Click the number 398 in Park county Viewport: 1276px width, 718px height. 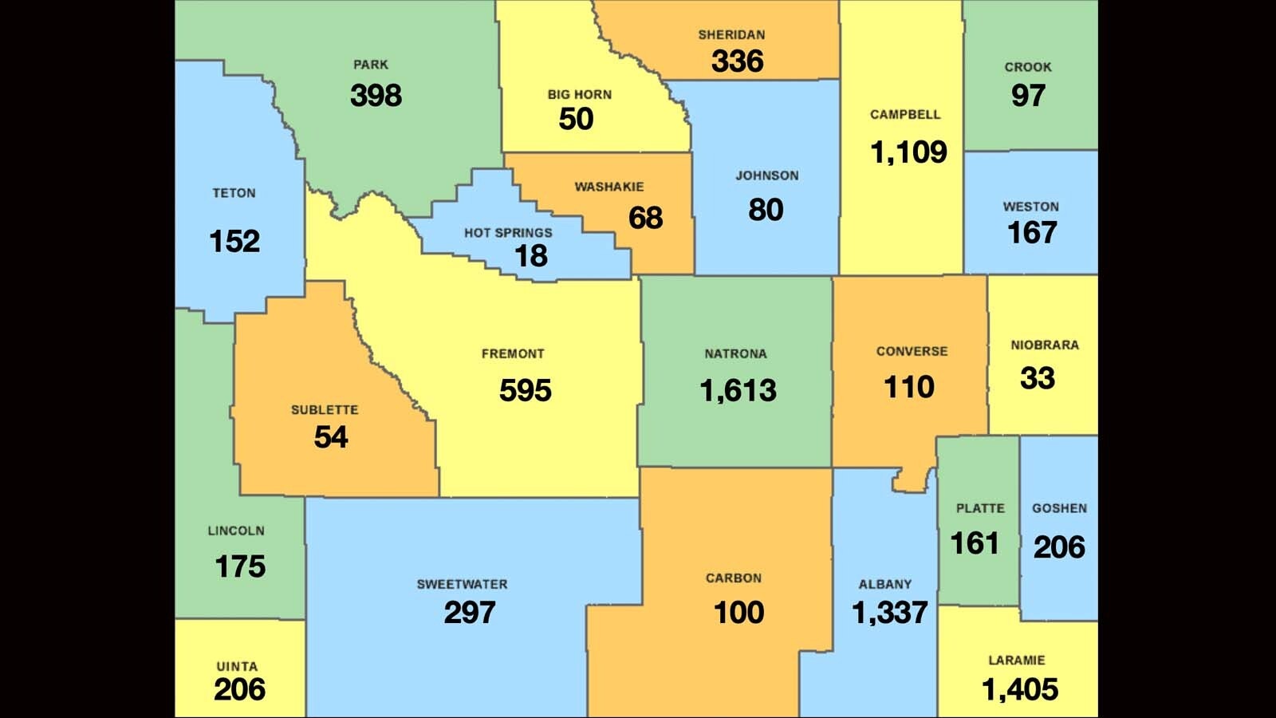[x=376, y=96]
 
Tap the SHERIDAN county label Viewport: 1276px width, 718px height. [x=731, y=35]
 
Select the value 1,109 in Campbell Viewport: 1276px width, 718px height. [x=908, y=152]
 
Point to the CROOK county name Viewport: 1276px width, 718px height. [x=1027, y=67]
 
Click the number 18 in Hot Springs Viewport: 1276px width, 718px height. [x=531, y=256]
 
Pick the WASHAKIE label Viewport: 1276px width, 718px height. [x=609, y=187]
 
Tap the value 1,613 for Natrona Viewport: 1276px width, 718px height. [x=738, y=390]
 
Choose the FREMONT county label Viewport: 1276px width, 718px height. [x=513, y=353]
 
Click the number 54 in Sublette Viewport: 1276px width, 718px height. [x=331, y=437]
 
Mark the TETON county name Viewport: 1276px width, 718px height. [x=234, y=193]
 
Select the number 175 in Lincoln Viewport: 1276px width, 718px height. [x=240, y=566]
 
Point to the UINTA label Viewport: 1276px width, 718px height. [x=237, y=666]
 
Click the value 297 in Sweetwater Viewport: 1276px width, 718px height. [x=470, y=613]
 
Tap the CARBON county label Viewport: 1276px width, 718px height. [x=734, y=578]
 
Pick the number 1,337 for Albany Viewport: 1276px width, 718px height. [x=889, y=613]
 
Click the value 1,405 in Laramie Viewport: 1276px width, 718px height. [x=1020, y=689]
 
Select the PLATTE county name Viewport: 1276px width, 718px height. [x=980, y=508]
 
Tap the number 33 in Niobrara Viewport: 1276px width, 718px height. [x=1038, y=378]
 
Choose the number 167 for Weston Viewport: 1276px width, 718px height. [x=1032, y=233]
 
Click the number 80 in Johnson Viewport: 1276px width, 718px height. [x=766, y=210]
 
